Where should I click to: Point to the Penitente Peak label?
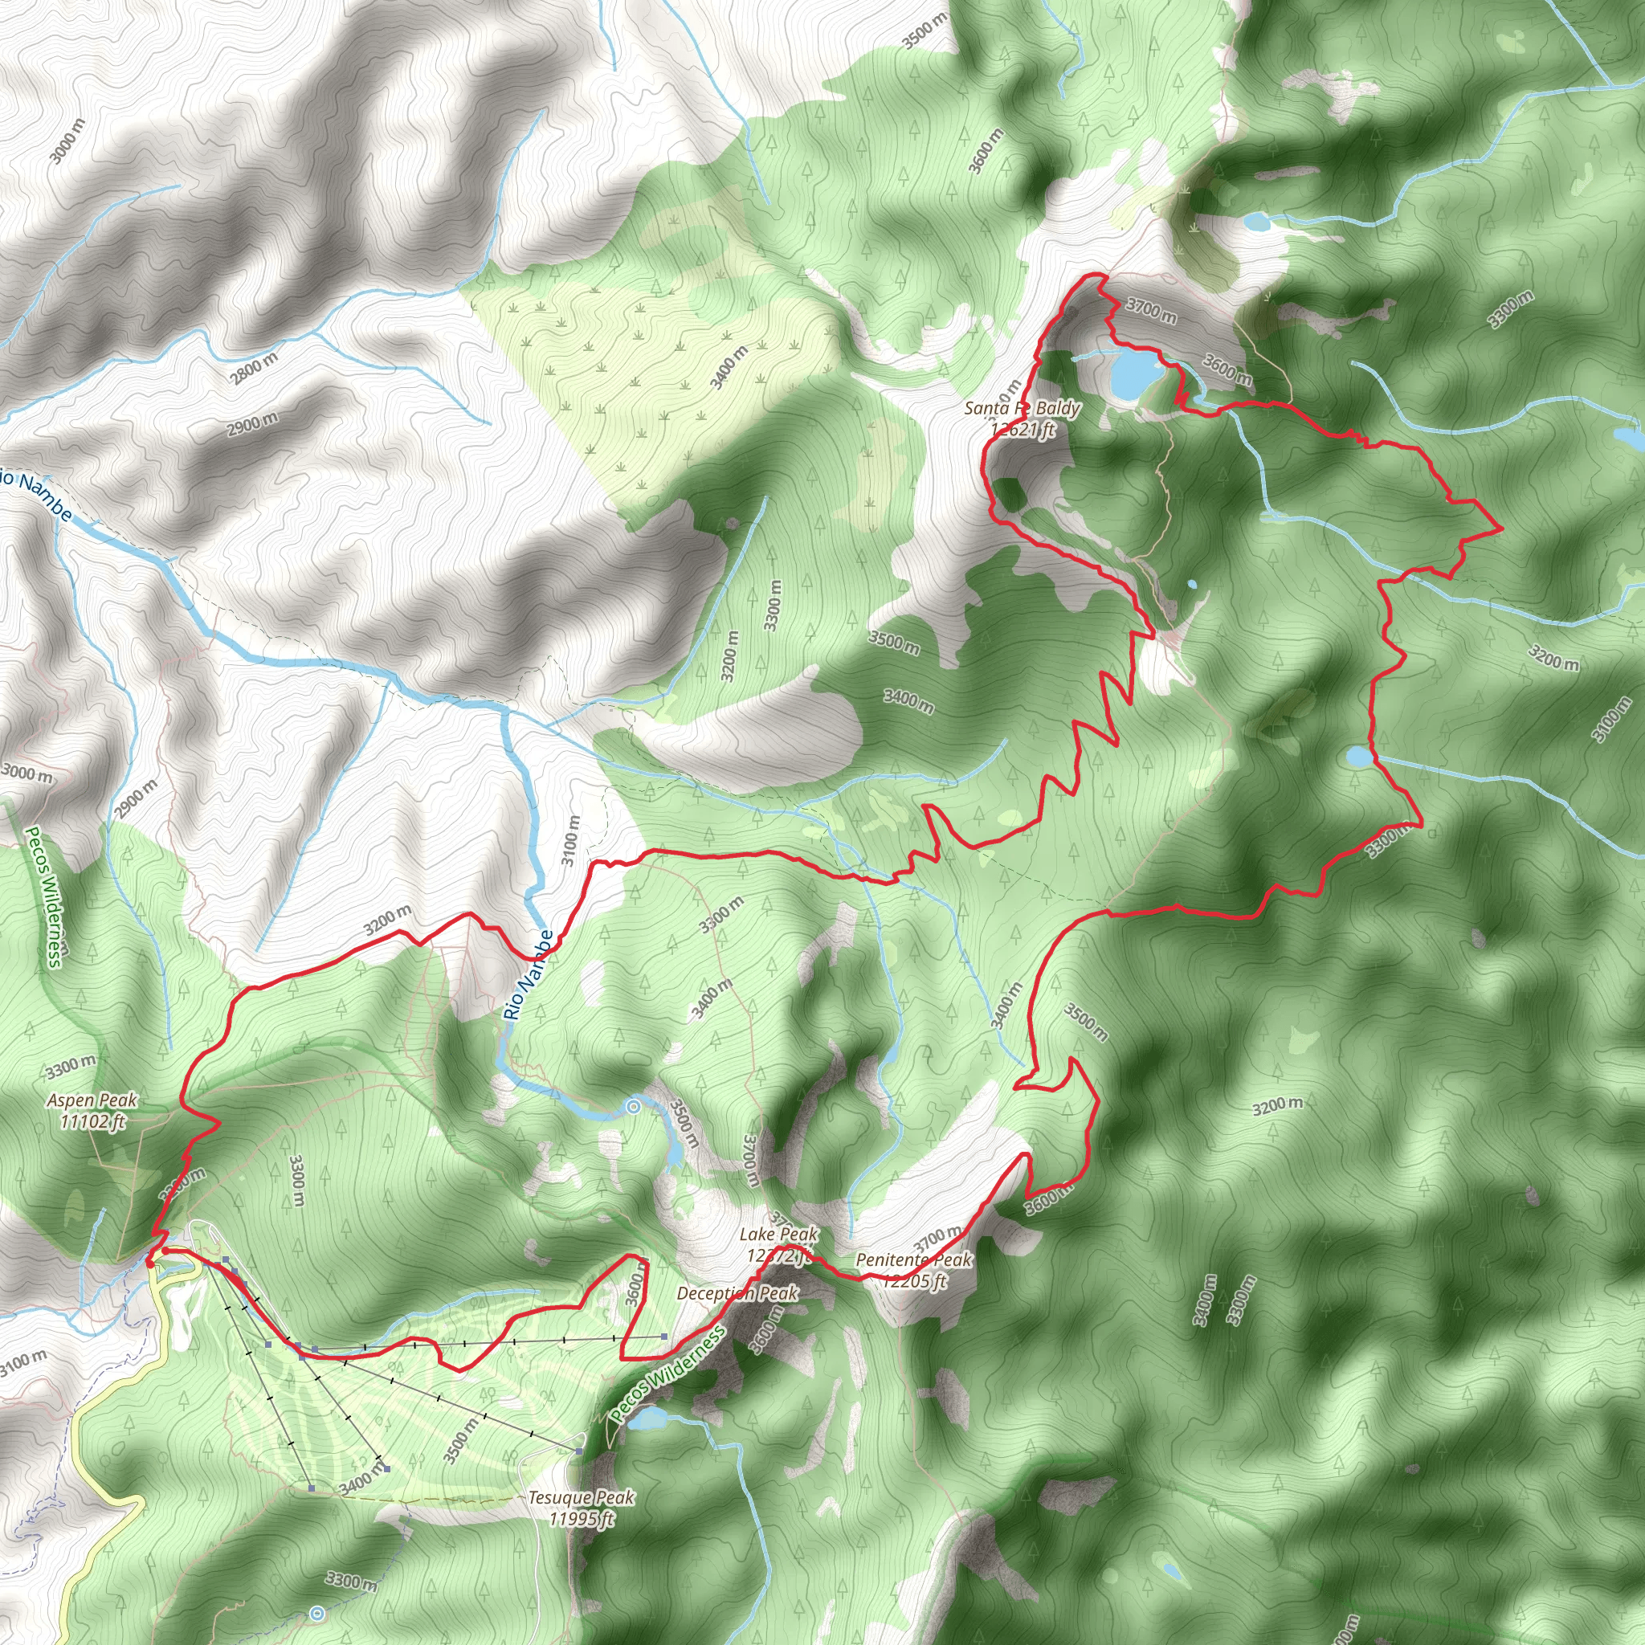coord(912,1270)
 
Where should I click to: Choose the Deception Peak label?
coord(737,1293)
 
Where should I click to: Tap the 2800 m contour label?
coord(253,369)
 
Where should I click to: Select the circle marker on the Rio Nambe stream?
coord(633,1107)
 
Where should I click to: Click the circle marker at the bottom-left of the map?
coord(317,1613)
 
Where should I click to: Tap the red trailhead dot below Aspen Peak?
coord(151,1263)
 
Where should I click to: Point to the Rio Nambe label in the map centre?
coord(528,975)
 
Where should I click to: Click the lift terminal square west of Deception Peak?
coord(664,1337)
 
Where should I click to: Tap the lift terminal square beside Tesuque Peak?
coord(580,1449)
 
